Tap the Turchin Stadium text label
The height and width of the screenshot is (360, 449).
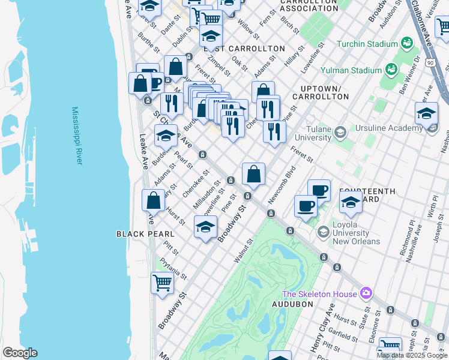(367, 44)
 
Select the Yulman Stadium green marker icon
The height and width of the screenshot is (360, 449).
(392, 70)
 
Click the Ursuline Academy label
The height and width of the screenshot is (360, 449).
(388, 128)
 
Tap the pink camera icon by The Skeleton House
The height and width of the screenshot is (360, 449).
(366, 294)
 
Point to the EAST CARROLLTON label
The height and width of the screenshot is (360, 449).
(244, 49)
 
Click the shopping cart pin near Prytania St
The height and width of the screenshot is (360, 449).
(161, 282)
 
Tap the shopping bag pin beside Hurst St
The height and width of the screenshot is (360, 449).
(154, 200)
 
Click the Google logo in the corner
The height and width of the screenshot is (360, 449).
(20, 353)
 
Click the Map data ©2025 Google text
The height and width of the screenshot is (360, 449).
(412, 355)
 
